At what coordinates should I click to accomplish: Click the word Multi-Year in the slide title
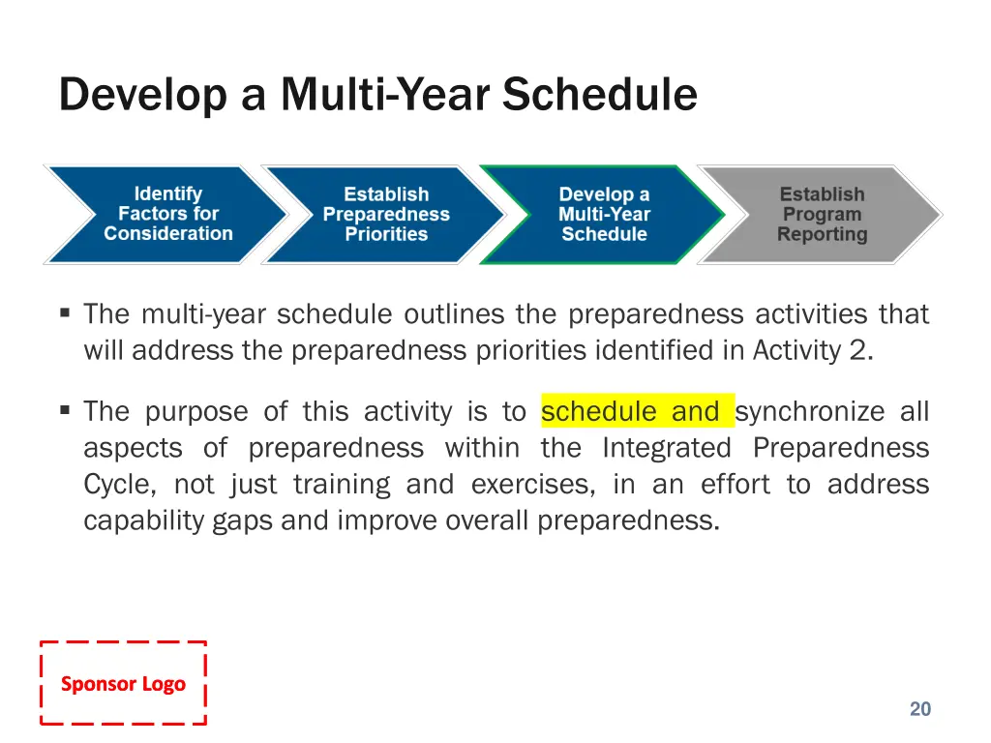[385, 95]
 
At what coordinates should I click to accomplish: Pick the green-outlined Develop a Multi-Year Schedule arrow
[604, 214]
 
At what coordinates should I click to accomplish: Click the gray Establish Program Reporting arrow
[822, 214]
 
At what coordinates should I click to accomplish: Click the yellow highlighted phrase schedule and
[638, 411]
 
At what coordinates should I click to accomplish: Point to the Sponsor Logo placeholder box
[123, 683]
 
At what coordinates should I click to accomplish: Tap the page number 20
[920, 709]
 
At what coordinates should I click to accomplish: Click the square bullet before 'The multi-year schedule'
[65, 312]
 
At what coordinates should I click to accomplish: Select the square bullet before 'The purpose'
[65, 410]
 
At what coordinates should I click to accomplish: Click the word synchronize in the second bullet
[810, 412]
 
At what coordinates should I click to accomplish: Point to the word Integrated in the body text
[667, 449]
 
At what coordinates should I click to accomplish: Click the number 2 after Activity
[860, 350]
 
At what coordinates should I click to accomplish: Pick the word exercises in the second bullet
[533, 486]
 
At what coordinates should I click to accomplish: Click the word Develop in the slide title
[143, 96]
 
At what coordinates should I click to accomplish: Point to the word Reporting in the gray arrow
[822, 235]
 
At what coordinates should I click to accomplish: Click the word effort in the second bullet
[736, 485]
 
